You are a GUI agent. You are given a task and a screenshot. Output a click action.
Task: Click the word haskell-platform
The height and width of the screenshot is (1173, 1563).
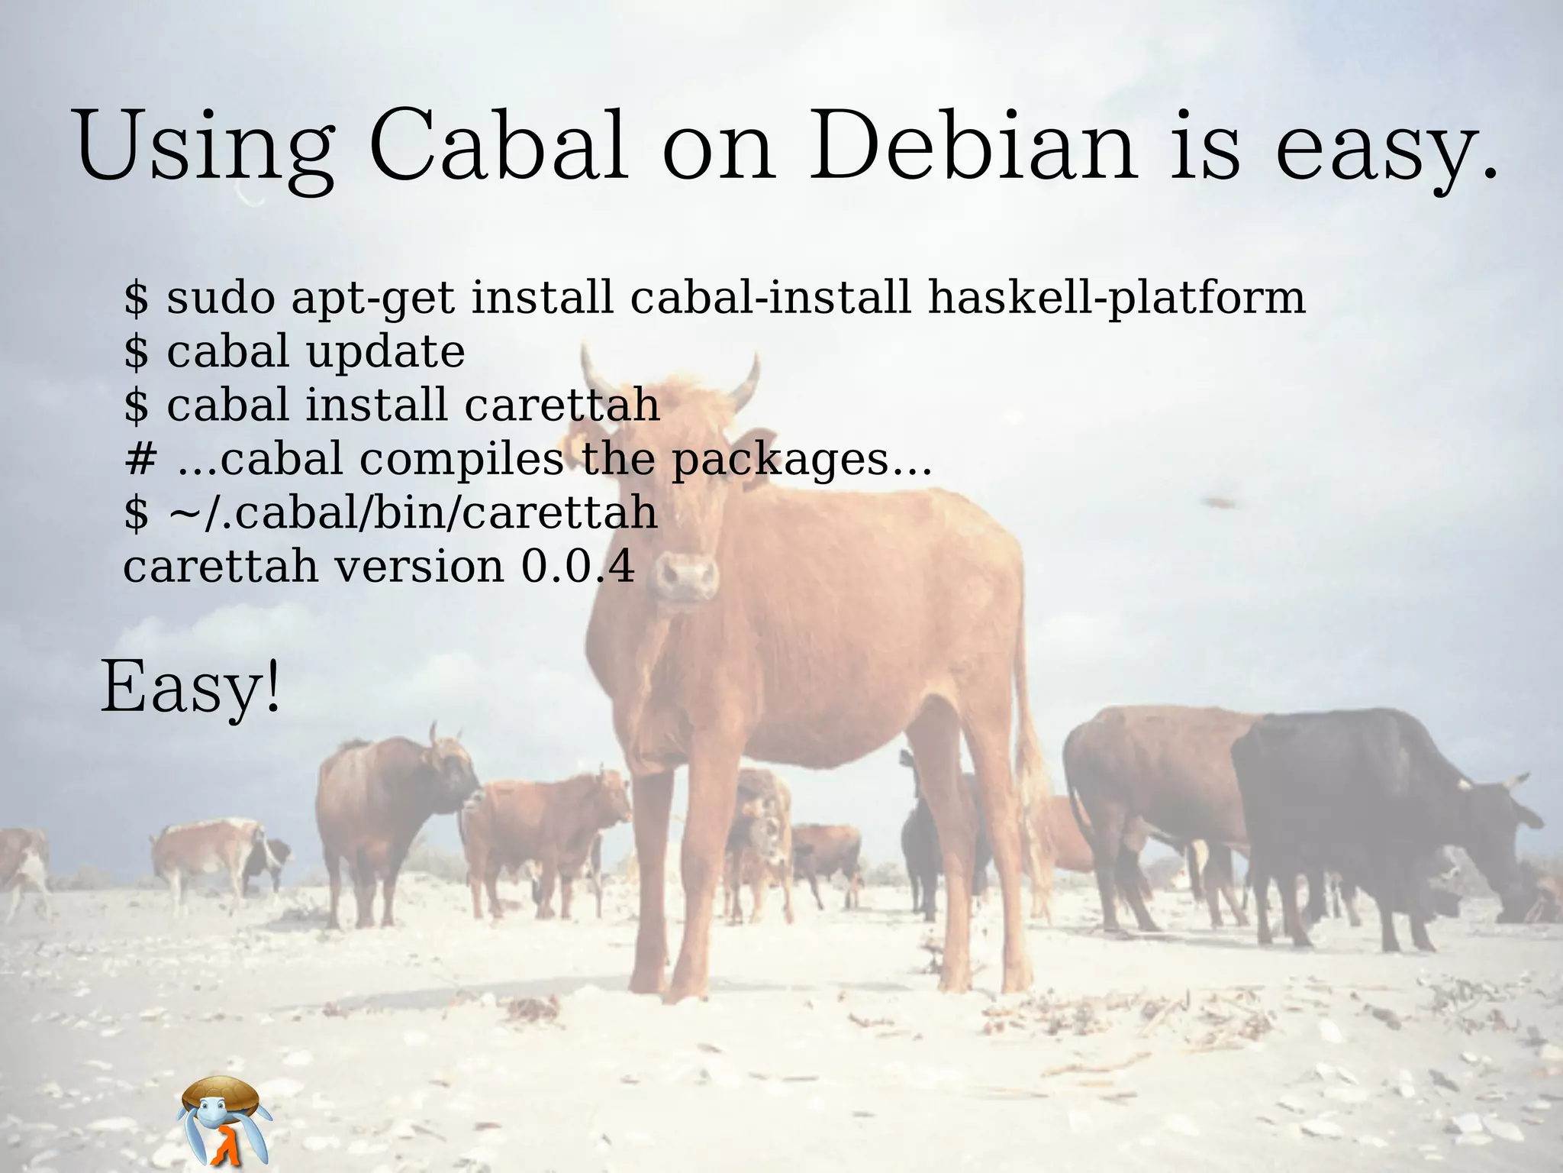[1116, 297]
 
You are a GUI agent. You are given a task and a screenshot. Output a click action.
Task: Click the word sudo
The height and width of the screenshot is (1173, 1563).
[221, 297]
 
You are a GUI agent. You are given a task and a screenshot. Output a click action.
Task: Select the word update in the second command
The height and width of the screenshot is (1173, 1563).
[385, 353]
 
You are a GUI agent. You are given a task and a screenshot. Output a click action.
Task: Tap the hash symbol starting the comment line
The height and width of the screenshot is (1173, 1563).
[140, 460]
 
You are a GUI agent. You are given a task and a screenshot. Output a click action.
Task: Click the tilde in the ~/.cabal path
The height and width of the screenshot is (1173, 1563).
[183, 513]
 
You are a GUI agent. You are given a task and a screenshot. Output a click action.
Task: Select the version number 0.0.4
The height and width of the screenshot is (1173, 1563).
[578, 567]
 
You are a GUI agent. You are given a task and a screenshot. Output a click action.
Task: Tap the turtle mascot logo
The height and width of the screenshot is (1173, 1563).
[224, 1120]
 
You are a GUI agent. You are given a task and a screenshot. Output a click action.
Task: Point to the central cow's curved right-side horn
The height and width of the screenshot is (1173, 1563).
[744, 382]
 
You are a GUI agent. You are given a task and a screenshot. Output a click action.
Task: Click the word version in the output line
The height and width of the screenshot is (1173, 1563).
[419, 567]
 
